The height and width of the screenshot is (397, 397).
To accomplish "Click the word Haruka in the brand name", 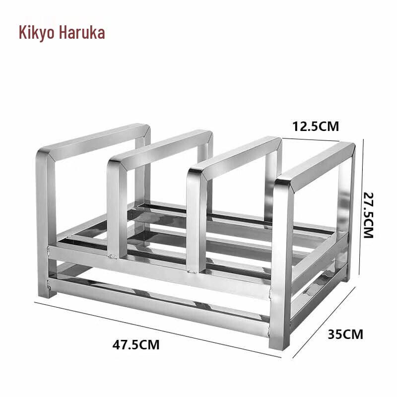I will point(82,33).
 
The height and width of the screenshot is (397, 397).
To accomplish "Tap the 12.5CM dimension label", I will point(316,126).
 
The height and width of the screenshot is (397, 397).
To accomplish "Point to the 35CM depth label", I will point(345,334).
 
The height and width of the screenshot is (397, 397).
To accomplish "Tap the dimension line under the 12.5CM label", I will point(318,139).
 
